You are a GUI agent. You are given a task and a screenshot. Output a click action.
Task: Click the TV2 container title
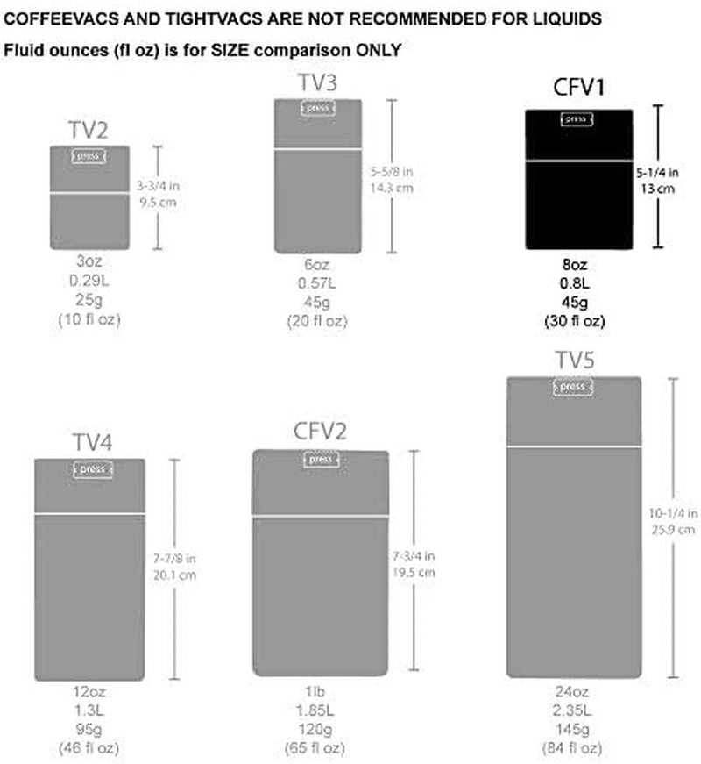pos(89,130)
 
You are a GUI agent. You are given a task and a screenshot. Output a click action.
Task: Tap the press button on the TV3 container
pos(319,108)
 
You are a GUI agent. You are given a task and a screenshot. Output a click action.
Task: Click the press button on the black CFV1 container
pos(576,119)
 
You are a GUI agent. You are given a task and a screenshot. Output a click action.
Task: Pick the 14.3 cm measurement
pos(393,189)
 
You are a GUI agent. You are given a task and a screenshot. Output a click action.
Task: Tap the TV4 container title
pos(91,441)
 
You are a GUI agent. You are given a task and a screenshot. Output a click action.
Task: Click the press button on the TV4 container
pos(91,469)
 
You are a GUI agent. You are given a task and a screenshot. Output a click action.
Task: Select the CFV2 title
pos(321,432)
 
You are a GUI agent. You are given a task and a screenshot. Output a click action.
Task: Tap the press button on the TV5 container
pos(573,387)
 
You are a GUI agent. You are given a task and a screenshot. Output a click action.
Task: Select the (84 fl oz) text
pos(573,747)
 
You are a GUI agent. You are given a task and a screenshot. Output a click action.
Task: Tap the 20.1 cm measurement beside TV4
pos(174,575)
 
